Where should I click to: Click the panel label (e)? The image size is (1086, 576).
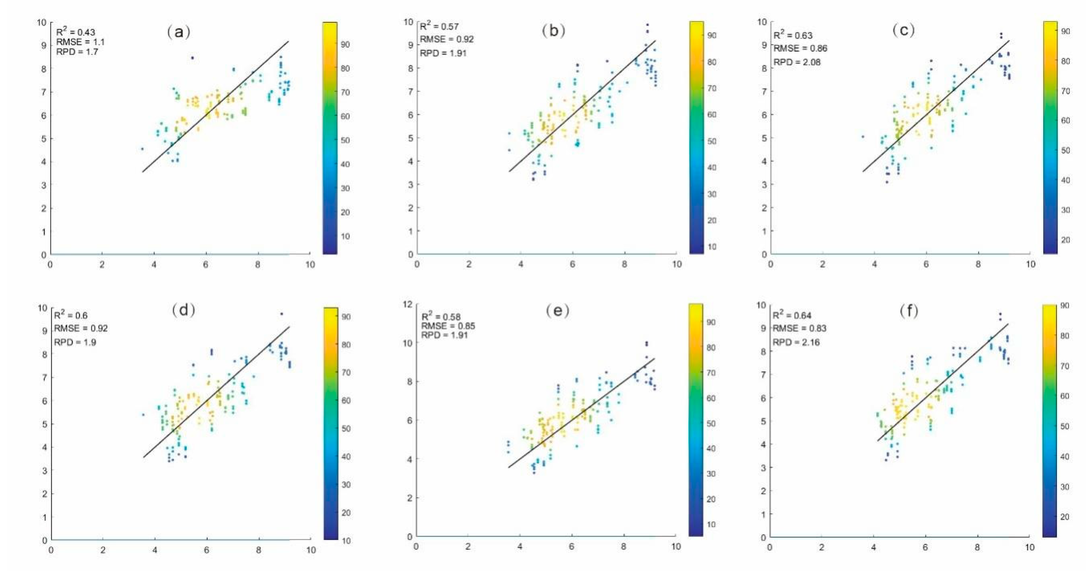pyautogui.click(x=557, y=311)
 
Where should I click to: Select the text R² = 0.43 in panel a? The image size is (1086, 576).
pyautogui.click(x=76, y=32)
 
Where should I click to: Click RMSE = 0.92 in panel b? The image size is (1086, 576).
pyautogui.click(x=447, y=39)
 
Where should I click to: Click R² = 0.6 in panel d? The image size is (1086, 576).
pyautogui.click(x=71, y=315)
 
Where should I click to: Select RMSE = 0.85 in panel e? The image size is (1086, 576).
pyautogui.click(x=448, y=326)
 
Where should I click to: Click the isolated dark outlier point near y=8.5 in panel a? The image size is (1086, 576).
pyautogui.click(x=192, y=58)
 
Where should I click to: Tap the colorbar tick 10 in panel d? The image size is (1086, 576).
pyautogui.click(x=346, y=540)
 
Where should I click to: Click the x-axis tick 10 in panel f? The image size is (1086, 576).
pyautogui.click(x=1029, y=547)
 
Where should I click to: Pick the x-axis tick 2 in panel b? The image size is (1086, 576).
pyautogui.click(x=469, y=264)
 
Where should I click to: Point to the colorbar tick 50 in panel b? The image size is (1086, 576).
pyautogui.click(x=712, y=141)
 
